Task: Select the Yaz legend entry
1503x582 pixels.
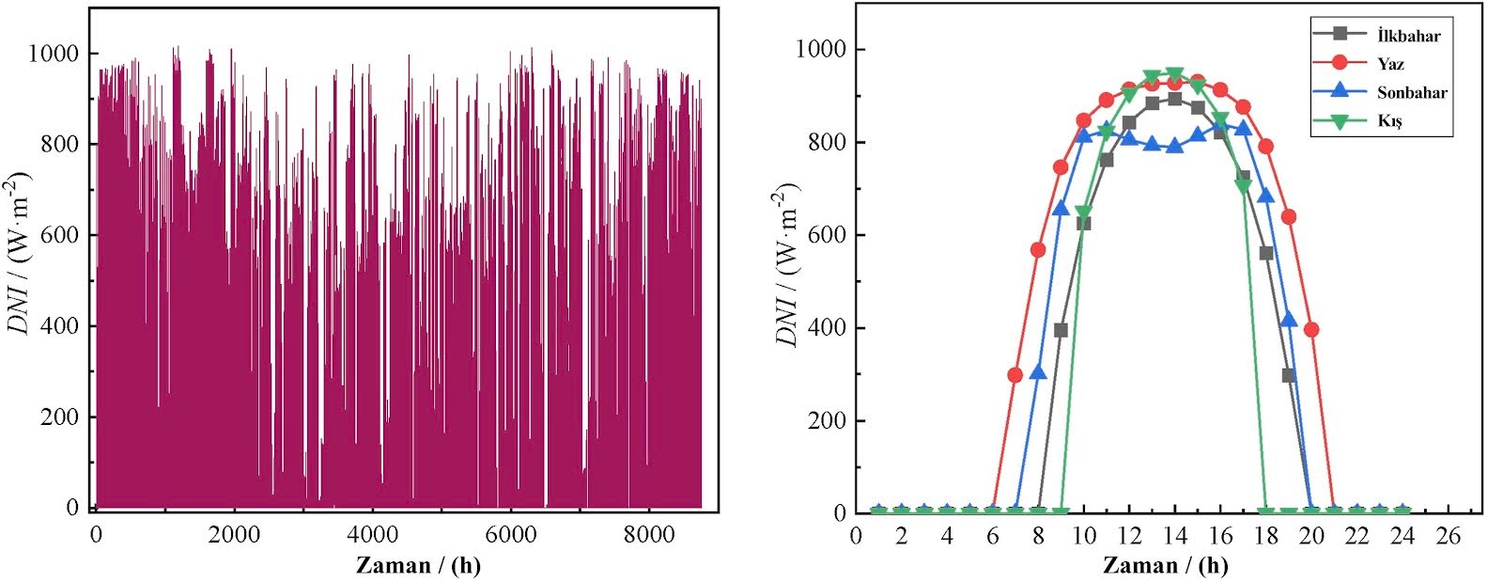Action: coord(1390,64)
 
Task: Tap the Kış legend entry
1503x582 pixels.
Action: coord(1389,121)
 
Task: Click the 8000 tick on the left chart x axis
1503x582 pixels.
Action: coord(649,534)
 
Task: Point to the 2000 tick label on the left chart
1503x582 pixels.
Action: coord(234,534)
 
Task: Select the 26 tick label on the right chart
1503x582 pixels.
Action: coord(1449,536)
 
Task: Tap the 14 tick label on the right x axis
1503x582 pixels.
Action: coord(1174,536)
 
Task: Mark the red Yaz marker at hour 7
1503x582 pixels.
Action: coord(1015,375)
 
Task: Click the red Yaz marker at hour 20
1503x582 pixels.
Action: coord(1311,330)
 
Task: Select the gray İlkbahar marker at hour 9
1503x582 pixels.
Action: coord(1061,330)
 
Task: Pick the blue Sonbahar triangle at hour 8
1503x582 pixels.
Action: coord(1038,372)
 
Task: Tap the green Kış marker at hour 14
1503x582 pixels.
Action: coord(1174,74)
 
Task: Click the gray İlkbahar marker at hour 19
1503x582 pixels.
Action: coord(1289,375)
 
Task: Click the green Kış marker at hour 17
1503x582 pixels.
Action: coord(1243,186)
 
